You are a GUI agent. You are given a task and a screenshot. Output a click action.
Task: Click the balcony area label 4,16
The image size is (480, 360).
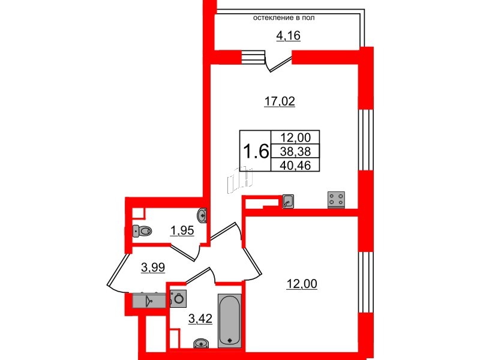click(x=288, y=36)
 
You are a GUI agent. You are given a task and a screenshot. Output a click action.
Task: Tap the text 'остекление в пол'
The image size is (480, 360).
click(x=284, y=18)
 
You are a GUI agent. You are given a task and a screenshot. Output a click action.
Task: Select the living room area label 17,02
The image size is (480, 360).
click(x=280, y=101)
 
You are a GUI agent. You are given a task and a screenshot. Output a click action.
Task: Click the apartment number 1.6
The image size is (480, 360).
click(x=256, y=152)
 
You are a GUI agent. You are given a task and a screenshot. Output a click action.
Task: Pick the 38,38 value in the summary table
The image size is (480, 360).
click(x=295, y=151)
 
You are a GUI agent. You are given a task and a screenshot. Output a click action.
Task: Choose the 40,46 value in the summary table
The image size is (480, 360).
click(x=295, y=166)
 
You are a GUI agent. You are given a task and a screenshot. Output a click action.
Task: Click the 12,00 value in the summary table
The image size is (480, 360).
click(x=295, y=137)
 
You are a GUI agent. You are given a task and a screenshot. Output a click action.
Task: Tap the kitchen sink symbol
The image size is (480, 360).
click(x=288, y=202)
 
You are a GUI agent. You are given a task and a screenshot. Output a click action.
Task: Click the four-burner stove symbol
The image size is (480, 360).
click(x=336, y=200)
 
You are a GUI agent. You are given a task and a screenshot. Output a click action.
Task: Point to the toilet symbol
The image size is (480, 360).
click(x=142, y=231)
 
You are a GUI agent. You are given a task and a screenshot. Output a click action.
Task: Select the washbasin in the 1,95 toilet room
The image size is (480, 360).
click(x=202, y=215)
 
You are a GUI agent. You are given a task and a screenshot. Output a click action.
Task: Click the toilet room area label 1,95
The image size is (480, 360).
click(x=182, y=231)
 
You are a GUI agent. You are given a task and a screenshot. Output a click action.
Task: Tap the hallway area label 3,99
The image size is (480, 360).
click(x=153, y=268)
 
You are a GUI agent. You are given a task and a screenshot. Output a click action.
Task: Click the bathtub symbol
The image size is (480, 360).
click(x=229, y=321)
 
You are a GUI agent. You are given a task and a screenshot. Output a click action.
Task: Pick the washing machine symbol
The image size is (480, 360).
click(x=178, y=298)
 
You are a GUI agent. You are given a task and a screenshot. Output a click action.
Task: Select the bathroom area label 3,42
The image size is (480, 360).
click(x=200, y=319)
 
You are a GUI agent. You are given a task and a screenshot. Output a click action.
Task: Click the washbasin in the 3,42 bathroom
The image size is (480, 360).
click(x=201, y=343)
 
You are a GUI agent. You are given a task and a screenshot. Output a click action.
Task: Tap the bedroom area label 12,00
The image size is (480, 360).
click(x=302, y=284)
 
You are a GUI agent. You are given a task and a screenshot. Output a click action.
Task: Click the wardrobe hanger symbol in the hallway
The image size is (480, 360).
click(x=149, y=301)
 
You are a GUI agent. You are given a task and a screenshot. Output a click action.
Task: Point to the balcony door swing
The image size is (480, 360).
click(x=278, y=63)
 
